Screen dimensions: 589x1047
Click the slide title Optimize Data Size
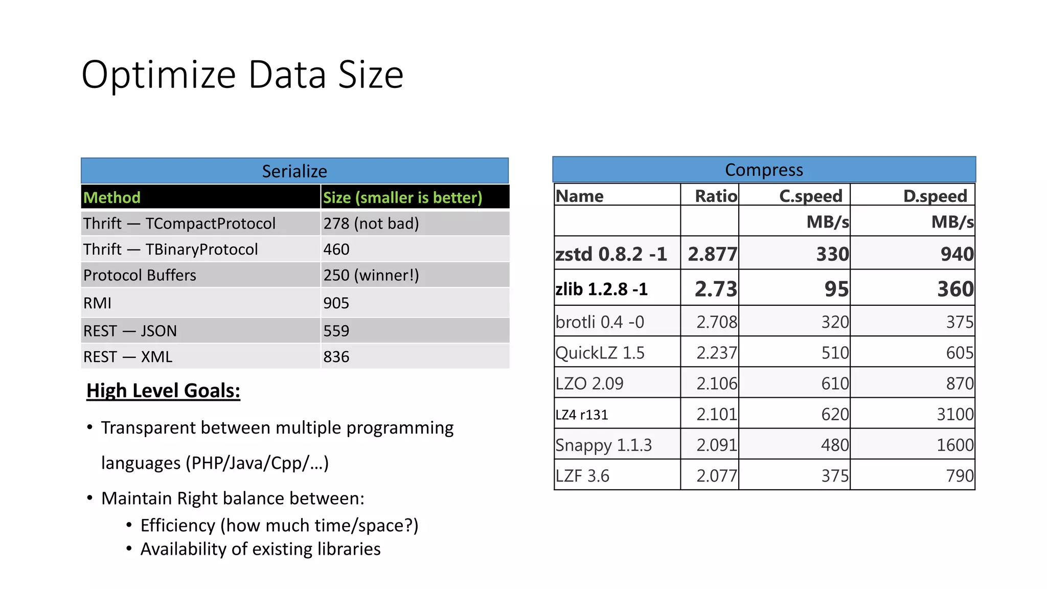pos(242,75)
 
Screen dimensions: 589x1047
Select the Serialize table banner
pos(294,171)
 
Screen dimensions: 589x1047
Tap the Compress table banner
pos(764,170)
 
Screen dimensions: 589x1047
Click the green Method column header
pos(112,197)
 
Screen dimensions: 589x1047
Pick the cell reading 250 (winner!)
pos(371,275)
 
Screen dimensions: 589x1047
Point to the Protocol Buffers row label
pos(140,275)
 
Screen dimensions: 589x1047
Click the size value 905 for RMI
pos(336,303)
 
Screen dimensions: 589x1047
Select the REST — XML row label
pos(128,356)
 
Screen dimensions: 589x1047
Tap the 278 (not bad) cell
pos(371,223)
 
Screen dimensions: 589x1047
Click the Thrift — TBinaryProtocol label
pos(171,250)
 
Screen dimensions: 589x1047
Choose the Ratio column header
pos(716,196)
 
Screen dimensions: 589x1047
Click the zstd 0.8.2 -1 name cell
pos(611,254)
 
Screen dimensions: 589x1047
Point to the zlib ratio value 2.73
pos(716,289)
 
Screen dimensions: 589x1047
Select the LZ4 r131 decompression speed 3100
pos(954,414)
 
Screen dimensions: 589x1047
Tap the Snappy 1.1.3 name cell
pos(604,445)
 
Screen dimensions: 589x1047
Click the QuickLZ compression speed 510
pos(835,353)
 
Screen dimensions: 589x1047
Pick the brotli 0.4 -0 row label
pos(600,322)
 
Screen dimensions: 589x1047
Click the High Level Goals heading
pos(163,391)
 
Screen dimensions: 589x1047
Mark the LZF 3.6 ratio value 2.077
pos(716,476)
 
